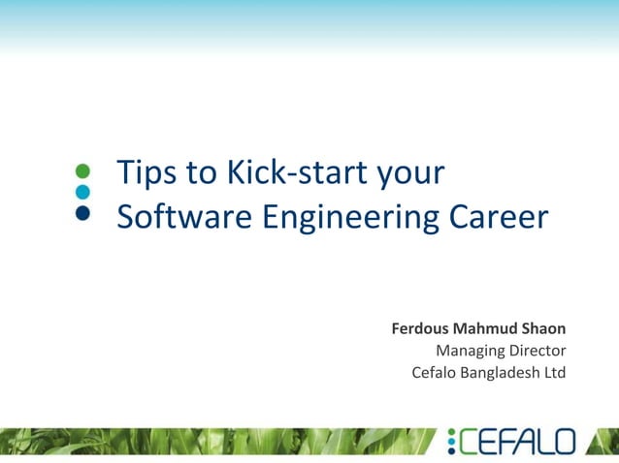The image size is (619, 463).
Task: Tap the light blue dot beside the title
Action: point(82,192)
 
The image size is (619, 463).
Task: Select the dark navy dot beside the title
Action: point(82,214)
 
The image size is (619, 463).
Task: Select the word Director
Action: point(538,350)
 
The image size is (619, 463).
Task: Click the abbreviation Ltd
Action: point(554,372)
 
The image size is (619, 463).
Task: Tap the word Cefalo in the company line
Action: point(435,372)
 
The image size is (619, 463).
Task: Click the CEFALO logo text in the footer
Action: point(517,442)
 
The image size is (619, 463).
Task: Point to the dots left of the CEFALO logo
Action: point(450,442)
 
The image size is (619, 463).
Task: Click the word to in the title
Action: point(203,173)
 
